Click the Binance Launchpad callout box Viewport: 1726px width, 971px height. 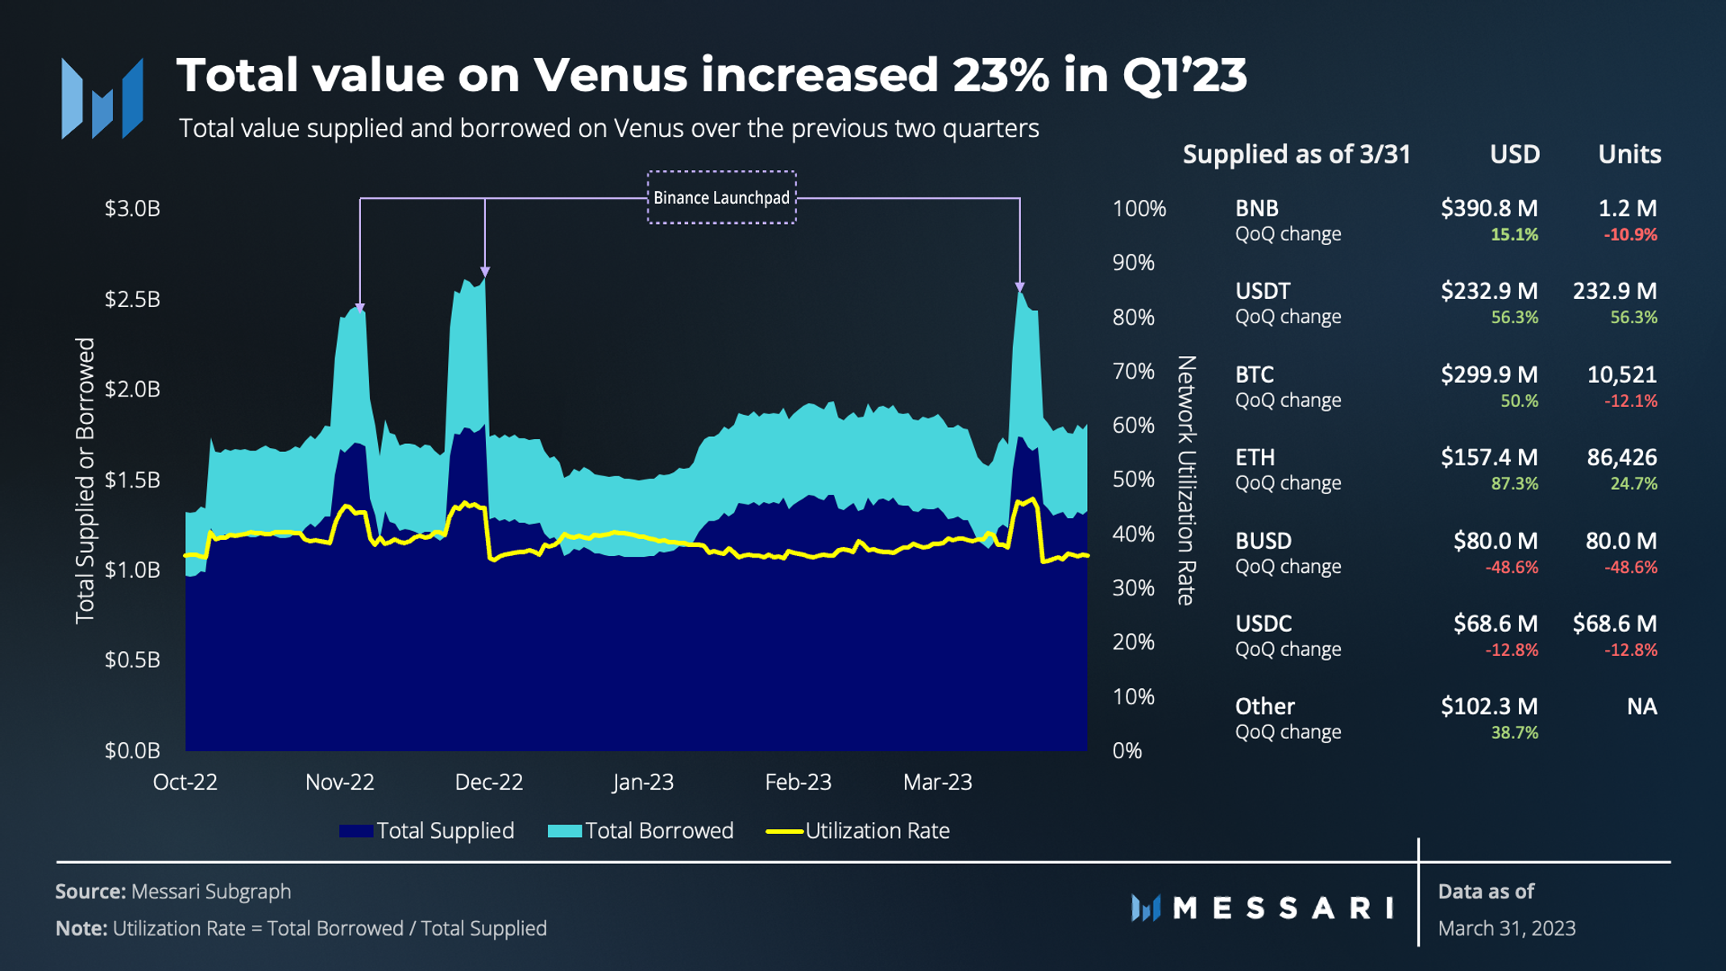[x=721, y=197]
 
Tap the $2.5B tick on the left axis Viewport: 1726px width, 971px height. [x=132, y=299]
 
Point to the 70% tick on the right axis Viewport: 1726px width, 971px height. [x=1133, y=371]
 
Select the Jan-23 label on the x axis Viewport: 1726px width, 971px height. [x=642, y=782]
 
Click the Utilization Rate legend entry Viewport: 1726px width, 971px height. [x=859, y=831]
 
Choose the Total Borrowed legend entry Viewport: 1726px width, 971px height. [x=641, y=831]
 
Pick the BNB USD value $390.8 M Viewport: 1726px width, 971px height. [x=1488, y=209]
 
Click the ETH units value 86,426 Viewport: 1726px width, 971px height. [x=1621, y=458]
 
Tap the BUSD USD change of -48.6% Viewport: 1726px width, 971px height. [x=1511, y=567]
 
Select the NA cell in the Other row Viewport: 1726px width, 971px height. [x=1641, y=707]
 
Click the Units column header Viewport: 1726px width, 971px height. [x=1628, y=154]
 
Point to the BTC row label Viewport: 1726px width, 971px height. [x=1255, y=375]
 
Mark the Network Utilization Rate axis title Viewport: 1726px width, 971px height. [x=1185, y=480]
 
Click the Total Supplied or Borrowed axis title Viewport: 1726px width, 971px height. [x=85, y=480]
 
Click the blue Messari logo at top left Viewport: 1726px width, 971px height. [x=102, y=98]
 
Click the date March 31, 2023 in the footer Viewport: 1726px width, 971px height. [x=1506, y=928]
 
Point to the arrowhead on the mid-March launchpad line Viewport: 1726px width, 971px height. [x=1019, y=287]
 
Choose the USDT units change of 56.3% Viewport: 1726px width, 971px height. [x=1633, y=317]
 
